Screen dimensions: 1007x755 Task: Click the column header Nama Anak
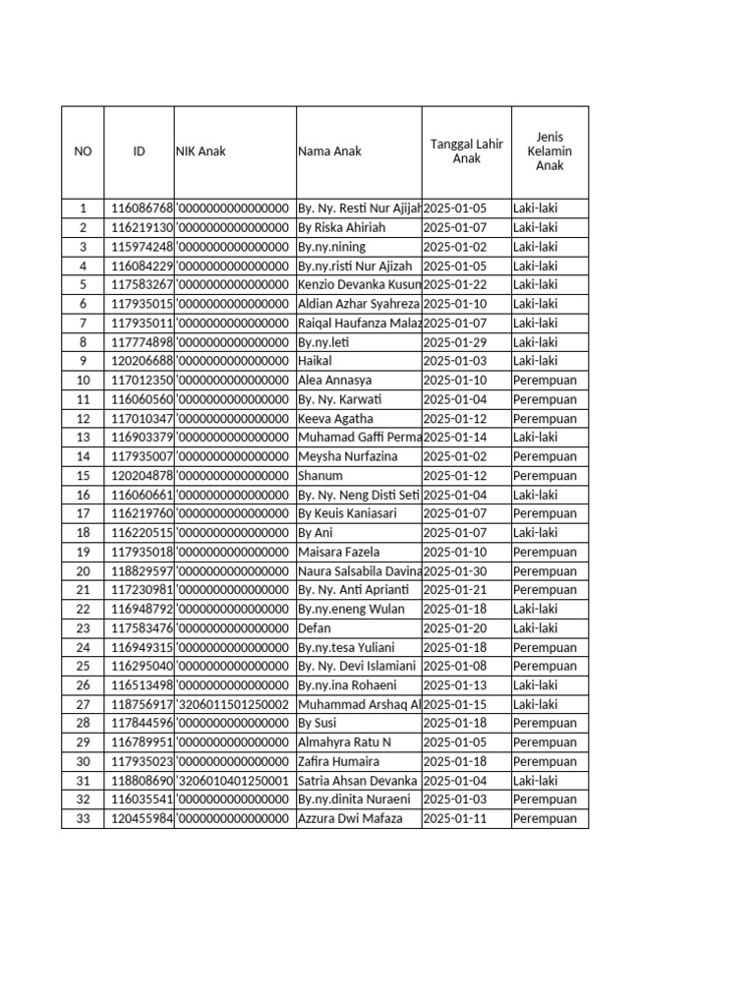pos(329,151)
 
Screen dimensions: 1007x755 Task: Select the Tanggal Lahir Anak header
pos(466,151)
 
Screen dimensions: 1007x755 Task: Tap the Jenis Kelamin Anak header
pos(550,151)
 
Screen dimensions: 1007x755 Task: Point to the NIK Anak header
pos(201,151)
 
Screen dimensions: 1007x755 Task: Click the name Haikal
pos(315,361)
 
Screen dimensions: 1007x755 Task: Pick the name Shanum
pos(320,476)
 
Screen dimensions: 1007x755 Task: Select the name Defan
pos(315,628)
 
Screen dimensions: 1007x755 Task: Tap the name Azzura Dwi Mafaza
pos(350,819)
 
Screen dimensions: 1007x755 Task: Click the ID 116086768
pos(142,208)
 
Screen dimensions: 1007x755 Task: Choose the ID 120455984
pos(142,819)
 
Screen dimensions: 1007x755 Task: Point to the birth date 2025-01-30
pos(455,571)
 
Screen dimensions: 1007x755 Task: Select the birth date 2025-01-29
pos(455,342)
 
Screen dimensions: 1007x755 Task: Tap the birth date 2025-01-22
pos(455,285)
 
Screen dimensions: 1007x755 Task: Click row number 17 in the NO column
pos(83,514)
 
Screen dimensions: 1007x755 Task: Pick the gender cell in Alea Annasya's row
pos(545,381)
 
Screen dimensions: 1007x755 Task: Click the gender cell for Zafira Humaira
pos(545,762)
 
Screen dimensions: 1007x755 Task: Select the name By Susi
pos(318,724)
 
